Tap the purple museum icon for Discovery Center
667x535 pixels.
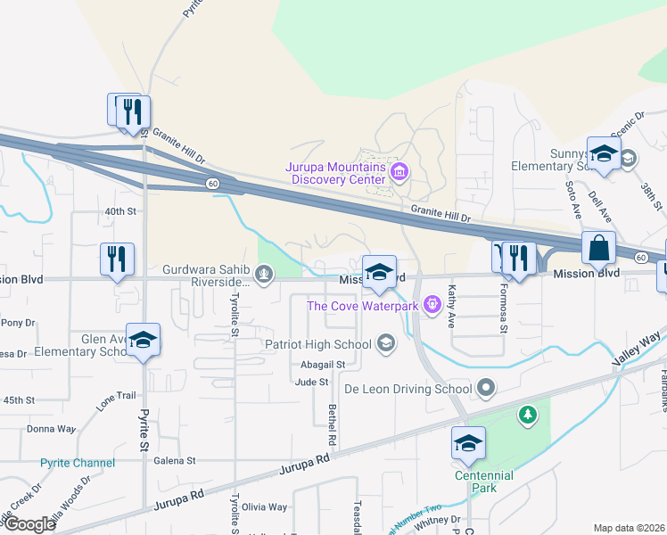point(399,170)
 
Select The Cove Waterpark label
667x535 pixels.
point(364,306)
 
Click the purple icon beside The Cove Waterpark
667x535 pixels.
point(432,306)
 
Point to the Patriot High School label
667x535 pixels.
point(317,344)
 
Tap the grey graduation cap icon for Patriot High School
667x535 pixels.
point(386,343)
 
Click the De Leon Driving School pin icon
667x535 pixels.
point(486,388)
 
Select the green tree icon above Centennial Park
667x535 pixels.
point(528,415)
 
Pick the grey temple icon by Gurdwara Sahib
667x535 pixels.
point(264,276)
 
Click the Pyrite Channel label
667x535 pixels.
point(78,463)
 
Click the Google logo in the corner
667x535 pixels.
point(29,524)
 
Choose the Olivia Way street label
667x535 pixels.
point(264,506)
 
